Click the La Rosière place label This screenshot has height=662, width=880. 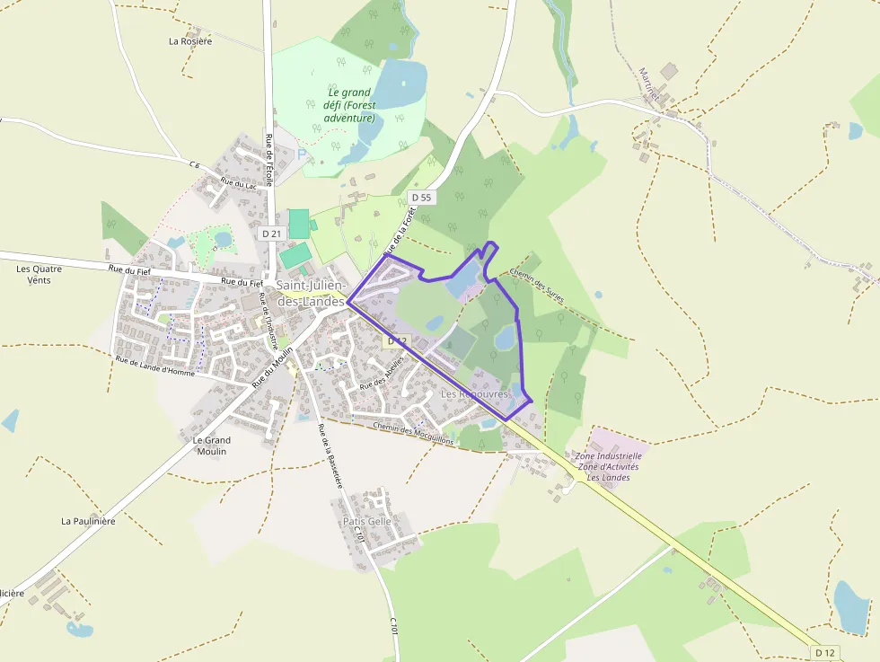(x=190, y=41)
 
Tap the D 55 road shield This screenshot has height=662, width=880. (x=420, y=198)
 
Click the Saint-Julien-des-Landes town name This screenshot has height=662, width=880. (x=311, y=294)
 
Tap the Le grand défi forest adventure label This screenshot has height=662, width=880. (x=349, y=105)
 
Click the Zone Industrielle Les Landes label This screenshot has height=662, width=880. (x=608, y=467)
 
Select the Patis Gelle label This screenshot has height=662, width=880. (x=367, y=521)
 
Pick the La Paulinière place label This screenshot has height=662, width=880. (x=88, y=521)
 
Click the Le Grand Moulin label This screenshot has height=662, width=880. (x=212, y=446)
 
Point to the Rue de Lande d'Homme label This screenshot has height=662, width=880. (x=154, y=366)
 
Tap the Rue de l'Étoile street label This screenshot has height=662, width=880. (x=268, y=159)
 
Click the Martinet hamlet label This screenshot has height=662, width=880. (x=649, y=84)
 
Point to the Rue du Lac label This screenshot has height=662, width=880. (x=239, y=185)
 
